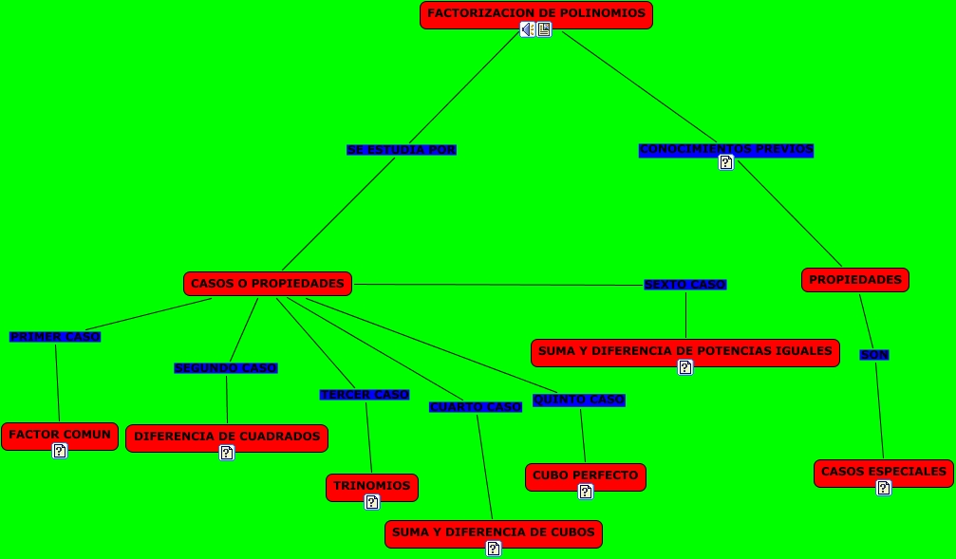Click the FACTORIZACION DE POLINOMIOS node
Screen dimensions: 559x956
tap(535, 13)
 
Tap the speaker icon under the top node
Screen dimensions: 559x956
tap(527, 29)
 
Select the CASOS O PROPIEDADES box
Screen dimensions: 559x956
tap(267, 283)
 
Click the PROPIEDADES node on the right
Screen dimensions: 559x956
tap(854, 280)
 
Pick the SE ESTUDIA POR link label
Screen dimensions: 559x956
tap(401, 150)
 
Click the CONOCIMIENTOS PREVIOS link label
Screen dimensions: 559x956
tap(725, 149)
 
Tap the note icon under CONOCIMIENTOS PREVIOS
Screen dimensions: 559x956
tap(726, 162)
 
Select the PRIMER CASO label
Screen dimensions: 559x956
tap(54, 336)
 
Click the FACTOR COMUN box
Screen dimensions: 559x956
tap(60, 435)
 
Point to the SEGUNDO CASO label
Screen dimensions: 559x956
tap(226, 368)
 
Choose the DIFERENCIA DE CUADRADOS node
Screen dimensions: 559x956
tap(227, 437)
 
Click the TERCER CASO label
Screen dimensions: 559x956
tap(365, 395)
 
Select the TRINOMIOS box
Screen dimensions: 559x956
tap(371, 486)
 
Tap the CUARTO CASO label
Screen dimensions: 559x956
tap(475, 407)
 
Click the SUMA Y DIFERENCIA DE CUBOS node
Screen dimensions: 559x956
tap(493, 532)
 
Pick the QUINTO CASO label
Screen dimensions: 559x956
tap(578, 400)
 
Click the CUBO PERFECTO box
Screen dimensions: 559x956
tap(585, 475)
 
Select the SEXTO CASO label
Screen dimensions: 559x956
tap(684, 285)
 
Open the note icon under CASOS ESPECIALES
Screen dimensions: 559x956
tap(884, 488)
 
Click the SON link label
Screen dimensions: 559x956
tap(874, 355)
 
